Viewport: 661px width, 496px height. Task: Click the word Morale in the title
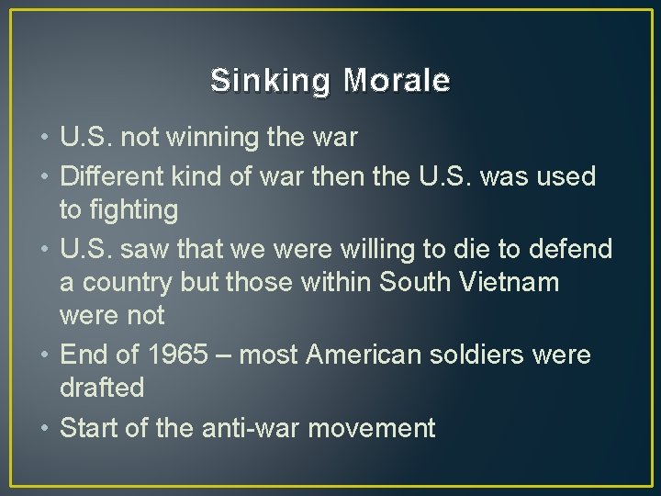point(397,82)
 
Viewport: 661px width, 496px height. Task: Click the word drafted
point(102,389)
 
